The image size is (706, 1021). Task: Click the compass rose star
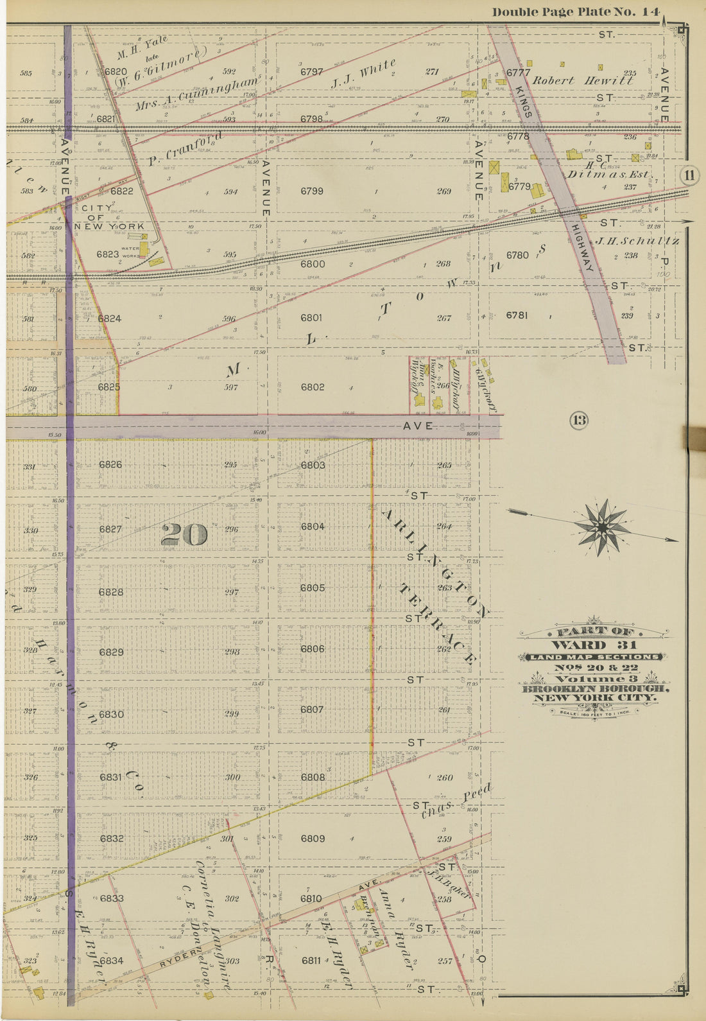pos(602,527)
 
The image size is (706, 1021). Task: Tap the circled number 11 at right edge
pos(690,175)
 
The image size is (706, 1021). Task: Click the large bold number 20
pos(184,534)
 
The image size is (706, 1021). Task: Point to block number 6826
pos(110,464)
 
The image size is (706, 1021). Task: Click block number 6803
pos(313,465)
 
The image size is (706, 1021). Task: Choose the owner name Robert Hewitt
pos(583,81)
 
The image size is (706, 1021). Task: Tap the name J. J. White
pos(363,74)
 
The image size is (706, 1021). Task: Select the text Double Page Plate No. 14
pos(576,12)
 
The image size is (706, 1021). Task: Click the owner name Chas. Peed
pos(456,801)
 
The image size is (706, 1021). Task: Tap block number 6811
pos(311,961)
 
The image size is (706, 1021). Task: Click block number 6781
pos(517,315)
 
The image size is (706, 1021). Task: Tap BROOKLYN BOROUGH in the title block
pos(596,689)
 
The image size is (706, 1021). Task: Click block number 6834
pos(111,961)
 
